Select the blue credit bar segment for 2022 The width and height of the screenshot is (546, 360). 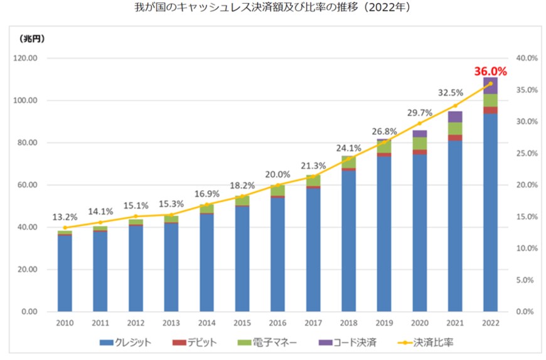490,213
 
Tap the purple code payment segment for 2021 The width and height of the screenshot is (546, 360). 455,117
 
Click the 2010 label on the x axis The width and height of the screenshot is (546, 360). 65,322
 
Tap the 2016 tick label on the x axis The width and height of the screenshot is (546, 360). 277,322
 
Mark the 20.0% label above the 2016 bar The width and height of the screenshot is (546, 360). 277,174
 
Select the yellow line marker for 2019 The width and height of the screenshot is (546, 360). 384,142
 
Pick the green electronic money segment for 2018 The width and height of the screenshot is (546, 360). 348,162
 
